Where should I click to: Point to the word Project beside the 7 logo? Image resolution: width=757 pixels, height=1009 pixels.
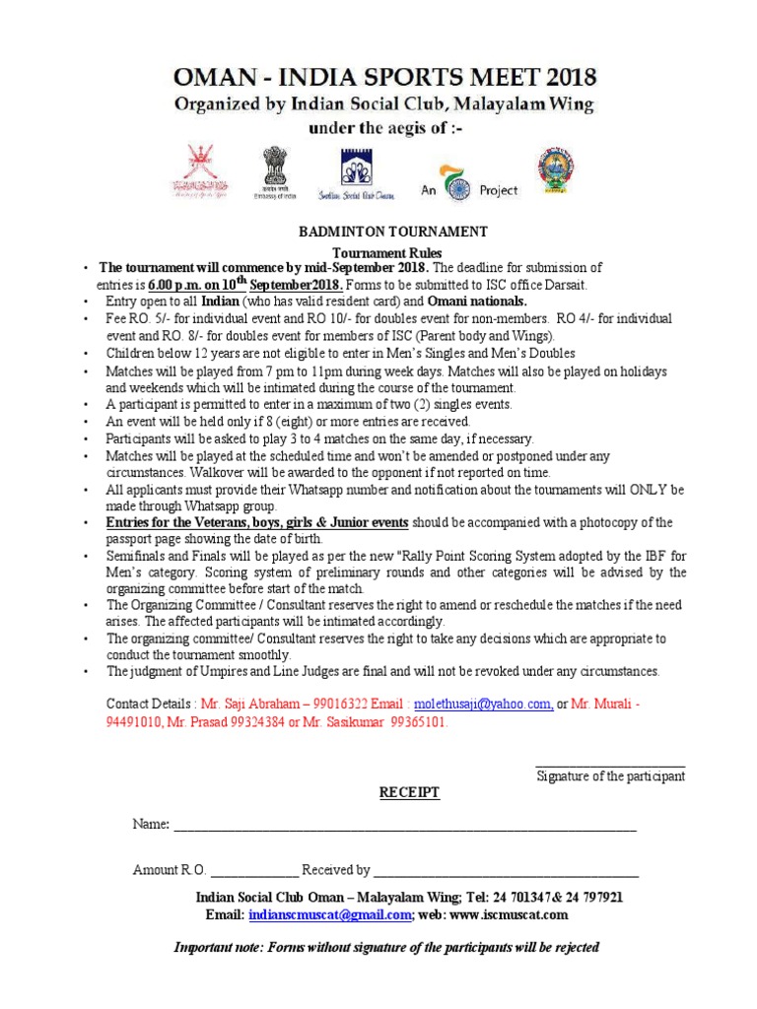[498, 190]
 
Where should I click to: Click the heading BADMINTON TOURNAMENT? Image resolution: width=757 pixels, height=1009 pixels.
[393, 232]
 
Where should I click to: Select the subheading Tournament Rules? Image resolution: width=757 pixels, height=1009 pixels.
[393, 252]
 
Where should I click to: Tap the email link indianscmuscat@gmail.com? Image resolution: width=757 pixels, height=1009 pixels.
[329, 914]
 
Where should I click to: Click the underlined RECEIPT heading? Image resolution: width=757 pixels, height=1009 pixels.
[410, 792]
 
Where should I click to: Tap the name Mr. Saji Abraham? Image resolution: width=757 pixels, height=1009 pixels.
[244, 705]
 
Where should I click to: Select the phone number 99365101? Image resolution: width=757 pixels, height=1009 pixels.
[420, 721]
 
